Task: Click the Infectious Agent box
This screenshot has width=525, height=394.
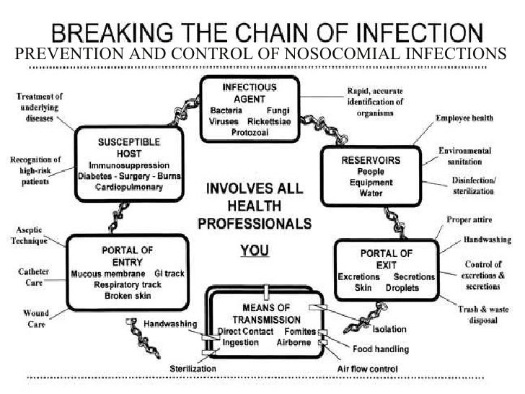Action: [x=248, y=109]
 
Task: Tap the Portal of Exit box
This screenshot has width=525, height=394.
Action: [x=387, y=270]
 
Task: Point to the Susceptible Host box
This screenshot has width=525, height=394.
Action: [x=130, y=167]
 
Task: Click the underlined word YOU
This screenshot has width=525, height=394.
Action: [x=255, y=251]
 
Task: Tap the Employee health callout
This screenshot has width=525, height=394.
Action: [x=464, y=117]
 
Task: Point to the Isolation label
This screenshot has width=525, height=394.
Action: [x=389, y=329]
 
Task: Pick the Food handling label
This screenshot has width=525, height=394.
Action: [x=380, y=349]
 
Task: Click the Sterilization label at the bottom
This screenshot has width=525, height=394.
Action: [x=193, y=368]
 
